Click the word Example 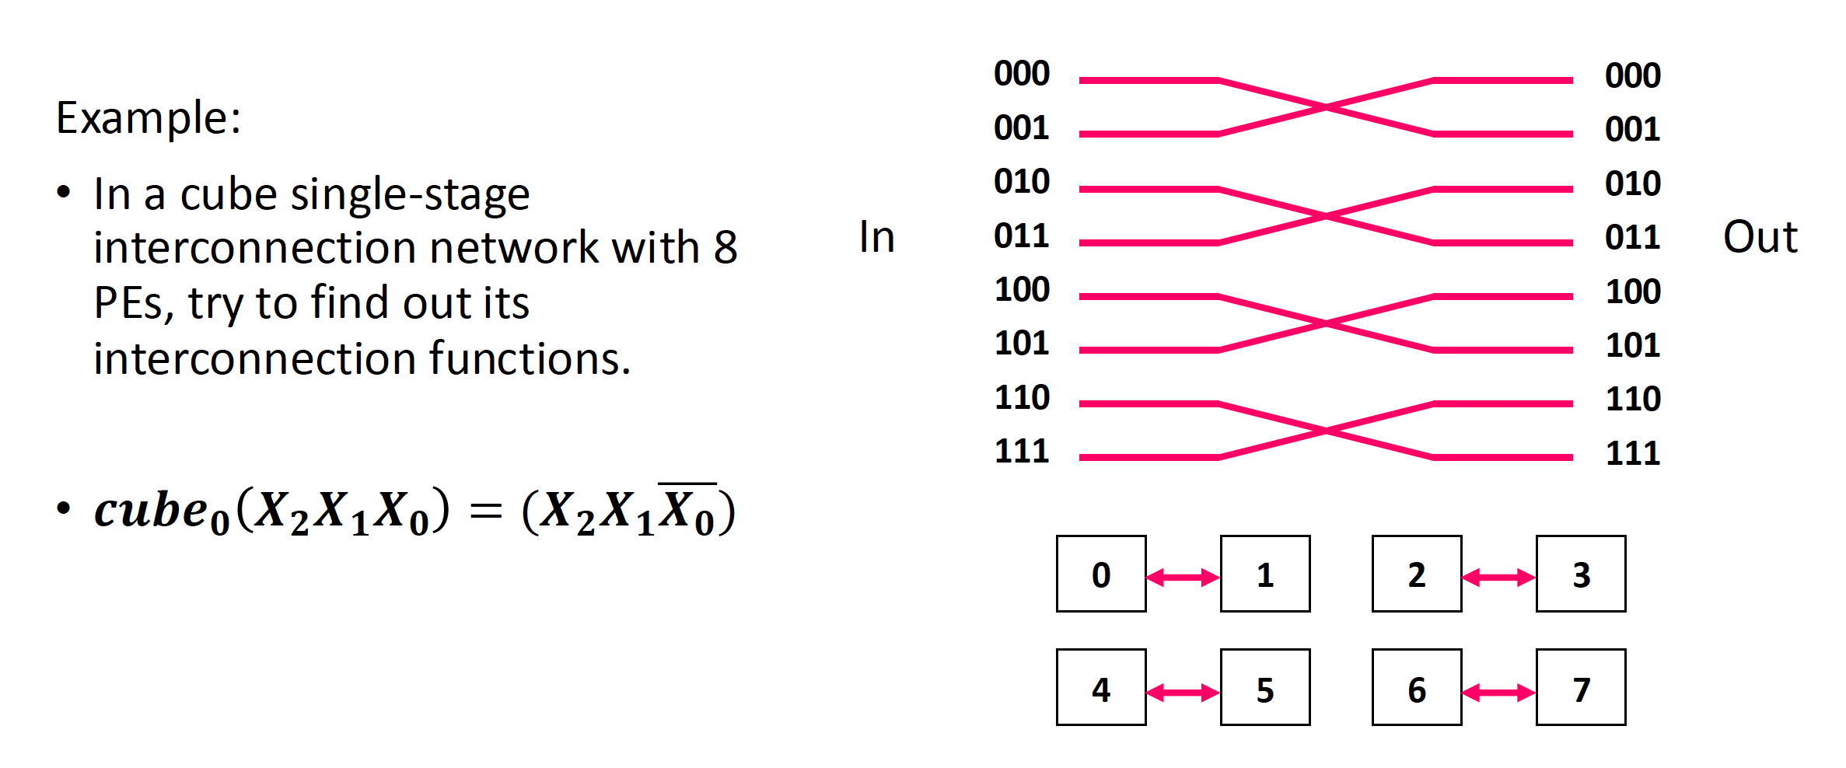pos(148,119)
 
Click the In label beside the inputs pos(876,237)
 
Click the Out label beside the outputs pos(1760,237)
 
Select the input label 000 pos(1022,74)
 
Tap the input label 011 pos(1022,236)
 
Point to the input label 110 pos(1022,398)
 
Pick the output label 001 pos(1632,130)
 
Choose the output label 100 pos(1632,292)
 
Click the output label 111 pos(1632,453)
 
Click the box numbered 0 pos(1101,574)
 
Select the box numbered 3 pos(1581,574)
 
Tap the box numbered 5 pos(1265,688)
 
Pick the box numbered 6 pos(1417,688)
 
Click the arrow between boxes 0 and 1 pos(1183,578)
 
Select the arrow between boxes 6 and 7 pos(1498,692)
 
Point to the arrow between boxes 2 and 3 pos(1498,578)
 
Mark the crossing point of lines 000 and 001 pos(1326,107)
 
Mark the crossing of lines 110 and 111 pos(1326,431)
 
